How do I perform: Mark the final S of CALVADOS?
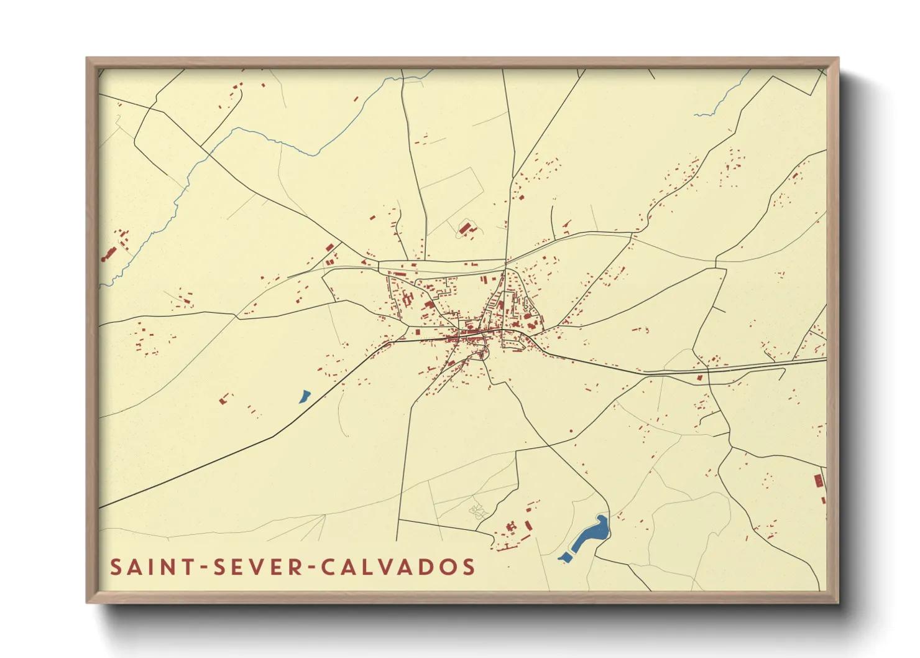pyautogui.click(x=469, y=567)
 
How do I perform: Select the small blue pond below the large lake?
pyautogui.click(x=565, y=557)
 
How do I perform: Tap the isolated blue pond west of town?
pyautogui.click(x=304, y=396)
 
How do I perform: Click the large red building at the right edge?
pyautogui.click(x=819, y=480)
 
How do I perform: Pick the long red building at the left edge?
pyautogui.click(x=109, y=253)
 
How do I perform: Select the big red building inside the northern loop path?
pyautogui.click(x=464, y=228)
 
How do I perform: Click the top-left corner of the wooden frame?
pyautogui.click(x=87, y=58)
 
